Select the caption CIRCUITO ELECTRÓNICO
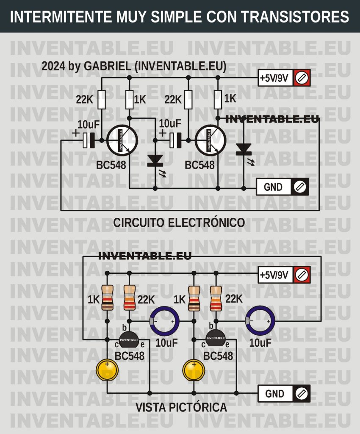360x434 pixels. (179, 223)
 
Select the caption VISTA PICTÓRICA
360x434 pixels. (181, 408)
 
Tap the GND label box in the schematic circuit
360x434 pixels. (274, 187)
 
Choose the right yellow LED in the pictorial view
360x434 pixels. (194, 370)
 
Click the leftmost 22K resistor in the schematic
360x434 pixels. (102, 100)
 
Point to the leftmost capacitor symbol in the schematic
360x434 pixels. (88, 140)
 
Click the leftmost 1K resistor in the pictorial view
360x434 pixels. (108, 298)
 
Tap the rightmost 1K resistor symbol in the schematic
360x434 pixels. (218, 100)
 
